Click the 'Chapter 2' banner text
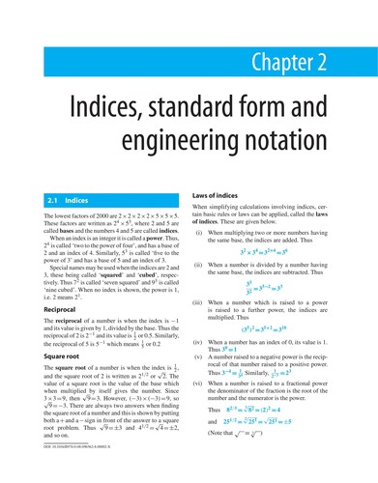pyautogui.click(x=313, y=65)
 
